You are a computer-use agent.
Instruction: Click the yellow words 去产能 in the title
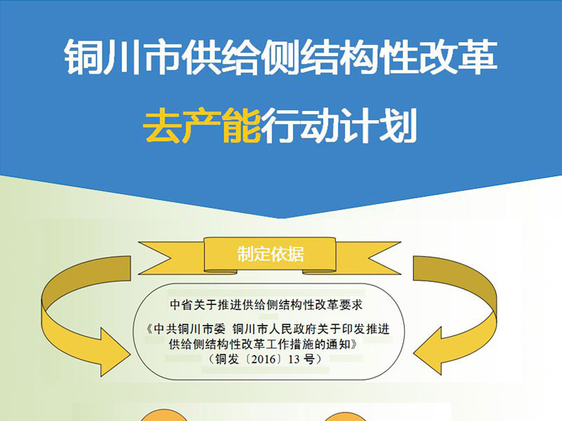pos(202,126)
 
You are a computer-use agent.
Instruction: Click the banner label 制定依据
pos(270,254)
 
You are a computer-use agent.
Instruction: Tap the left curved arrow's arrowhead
pos(114,352)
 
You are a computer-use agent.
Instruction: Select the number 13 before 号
pos(294,359)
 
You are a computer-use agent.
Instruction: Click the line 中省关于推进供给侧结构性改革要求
pos(266,305)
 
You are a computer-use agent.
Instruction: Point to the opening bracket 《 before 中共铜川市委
pos(150,328)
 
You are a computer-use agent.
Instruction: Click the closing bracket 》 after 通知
pos(354,344)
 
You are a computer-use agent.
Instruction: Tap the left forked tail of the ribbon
pos(157,258)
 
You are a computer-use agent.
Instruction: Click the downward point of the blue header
pos(282,217)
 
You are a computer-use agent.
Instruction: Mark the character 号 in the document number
pos(308,359)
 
